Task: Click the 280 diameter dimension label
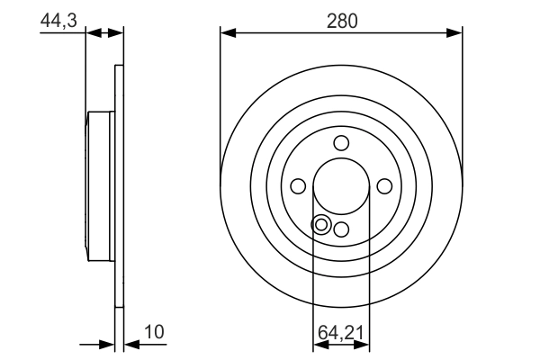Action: coord(341,20)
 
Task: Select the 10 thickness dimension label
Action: coord(155,331)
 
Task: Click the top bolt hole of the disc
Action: coord(341,142)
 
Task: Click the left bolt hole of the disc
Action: coord(298,185)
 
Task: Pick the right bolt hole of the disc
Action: coord(384,185)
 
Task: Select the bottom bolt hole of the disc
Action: coord(341,229)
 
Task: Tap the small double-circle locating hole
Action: coord(321,224)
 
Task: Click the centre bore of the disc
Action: coord(341,185)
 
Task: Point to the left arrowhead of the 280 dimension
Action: coord(228,33)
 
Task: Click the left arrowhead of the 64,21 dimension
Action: coord(318,343)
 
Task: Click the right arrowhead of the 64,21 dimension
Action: coord(364,343)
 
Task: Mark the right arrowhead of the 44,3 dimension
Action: coord(116,33)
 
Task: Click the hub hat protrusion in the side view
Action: coord(99,185)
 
